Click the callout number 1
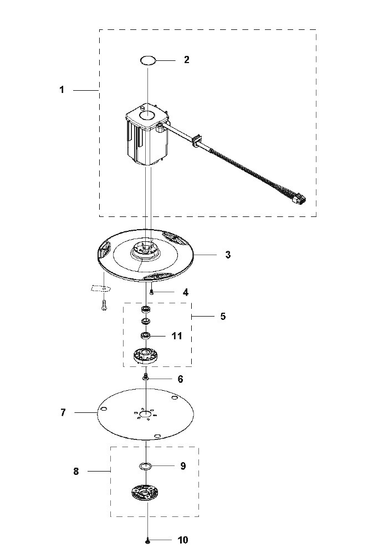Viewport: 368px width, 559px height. (62, 90)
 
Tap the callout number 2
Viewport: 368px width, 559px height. (187, 60)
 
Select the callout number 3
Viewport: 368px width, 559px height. (228, 255)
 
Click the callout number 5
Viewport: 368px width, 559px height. (223, 317)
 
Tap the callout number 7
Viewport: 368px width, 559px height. (63, 412)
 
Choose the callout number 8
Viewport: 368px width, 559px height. (76, 472)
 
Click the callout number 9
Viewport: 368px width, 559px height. (183, 466)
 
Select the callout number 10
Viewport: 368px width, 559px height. (183, 540)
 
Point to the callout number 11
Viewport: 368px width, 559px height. (177, 336)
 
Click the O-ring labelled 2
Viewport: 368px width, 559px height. (148, 60)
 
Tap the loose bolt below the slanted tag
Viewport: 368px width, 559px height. (104, 305)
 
